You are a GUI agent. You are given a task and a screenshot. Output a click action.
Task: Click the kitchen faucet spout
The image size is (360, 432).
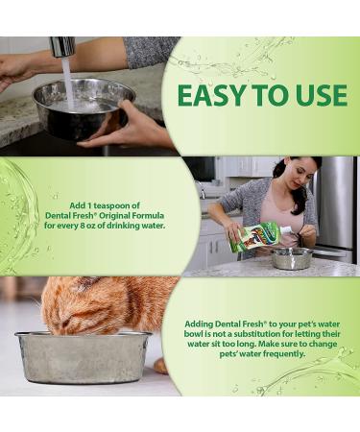point(63,46)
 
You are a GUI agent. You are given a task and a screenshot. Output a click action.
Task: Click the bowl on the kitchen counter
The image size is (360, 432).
point(292,257)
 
